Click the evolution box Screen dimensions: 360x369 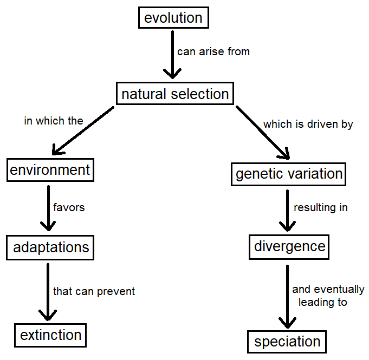(173, 18)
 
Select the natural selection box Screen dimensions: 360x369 (175, 94)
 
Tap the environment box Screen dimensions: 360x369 (49, 170)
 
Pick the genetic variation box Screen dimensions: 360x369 (289, 174)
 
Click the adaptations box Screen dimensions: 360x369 (51, 248)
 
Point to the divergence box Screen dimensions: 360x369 (290, 246)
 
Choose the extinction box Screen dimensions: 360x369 (51, 335)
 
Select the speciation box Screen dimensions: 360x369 (287, 342)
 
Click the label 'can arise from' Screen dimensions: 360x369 (213, 52)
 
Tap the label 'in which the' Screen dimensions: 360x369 (54, 121)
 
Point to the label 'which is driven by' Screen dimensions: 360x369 (308, 124)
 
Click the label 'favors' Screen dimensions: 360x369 (69, 207)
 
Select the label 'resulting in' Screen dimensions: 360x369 (321, 207)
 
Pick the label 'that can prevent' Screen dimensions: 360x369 (94, 291)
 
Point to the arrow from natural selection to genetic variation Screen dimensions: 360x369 (262, 132)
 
